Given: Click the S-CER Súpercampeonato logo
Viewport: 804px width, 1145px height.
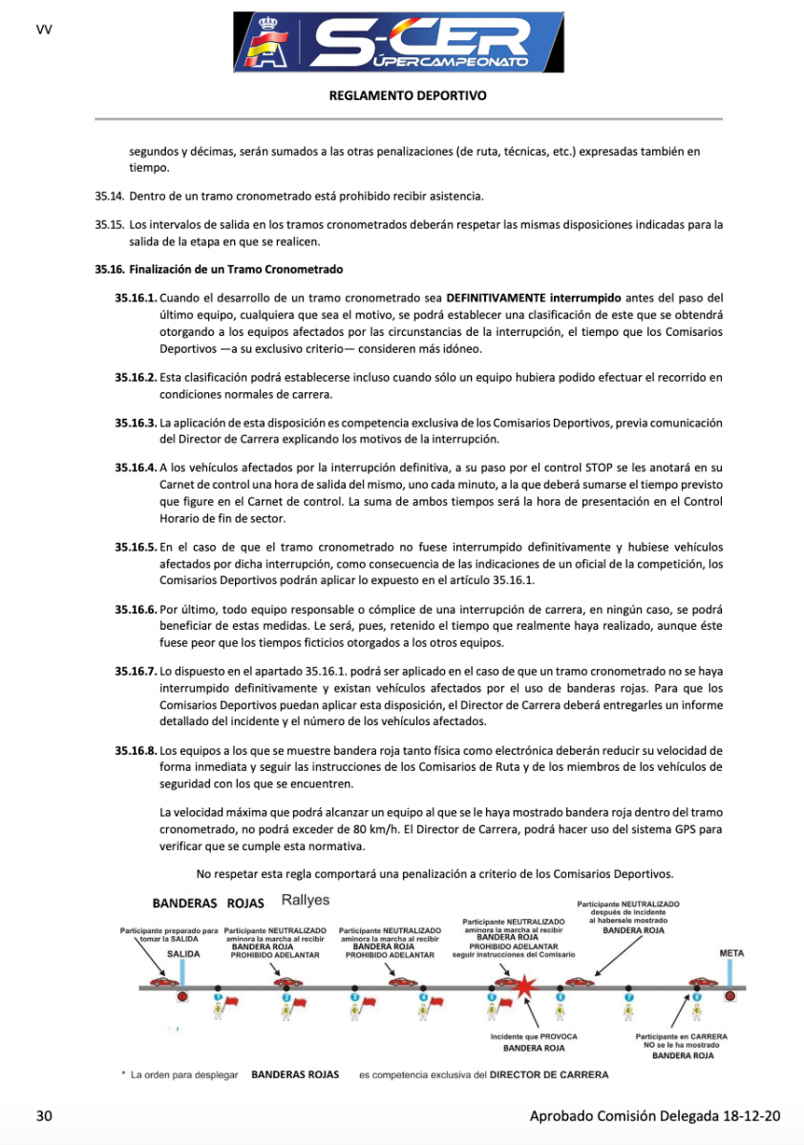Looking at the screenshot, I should point(401,43).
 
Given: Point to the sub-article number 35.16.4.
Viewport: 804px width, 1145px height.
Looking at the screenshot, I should point(136,467).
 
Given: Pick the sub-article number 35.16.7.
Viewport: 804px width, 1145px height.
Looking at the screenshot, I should point(136,671).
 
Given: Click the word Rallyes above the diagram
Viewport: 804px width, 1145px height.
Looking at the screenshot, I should point(306,900).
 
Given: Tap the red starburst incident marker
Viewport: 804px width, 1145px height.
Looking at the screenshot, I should point(523,987).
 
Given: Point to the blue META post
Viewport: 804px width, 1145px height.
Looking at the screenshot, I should point(730,974).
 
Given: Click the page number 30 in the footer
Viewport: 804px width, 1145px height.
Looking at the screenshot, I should point(44,1116).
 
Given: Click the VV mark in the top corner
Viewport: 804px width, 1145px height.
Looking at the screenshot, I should point(43,29).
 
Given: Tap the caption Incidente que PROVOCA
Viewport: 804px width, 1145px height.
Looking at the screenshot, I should point(534,1036).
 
